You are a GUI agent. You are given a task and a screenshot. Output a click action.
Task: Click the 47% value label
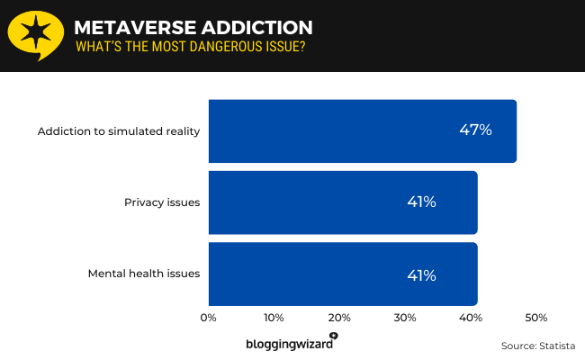(475, 130)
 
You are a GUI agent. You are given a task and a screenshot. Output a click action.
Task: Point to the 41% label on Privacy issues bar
(421, 202)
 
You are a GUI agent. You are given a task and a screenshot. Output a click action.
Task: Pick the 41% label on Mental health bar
(421, 274)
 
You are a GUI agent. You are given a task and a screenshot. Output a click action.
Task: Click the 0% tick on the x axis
(209, 318)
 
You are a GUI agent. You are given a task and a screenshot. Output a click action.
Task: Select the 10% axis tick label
(274, 318)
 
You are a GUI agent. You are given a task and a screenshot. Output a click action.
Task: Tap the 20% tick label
(339, 318)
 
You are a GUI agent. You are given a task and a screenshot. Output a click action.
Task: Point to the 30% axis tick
(405, 318)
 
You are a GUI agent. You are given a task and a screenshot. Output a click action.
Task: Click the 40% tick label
(471, 318)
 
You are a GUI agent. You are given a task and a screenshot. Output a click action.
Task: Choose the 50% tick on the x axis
(535, 318)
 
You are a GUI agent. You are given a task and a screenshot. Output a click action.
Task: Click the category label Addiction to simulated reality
(118, 131)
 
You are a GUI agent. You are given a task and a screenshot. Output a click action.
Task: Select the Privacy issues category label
(161, 202)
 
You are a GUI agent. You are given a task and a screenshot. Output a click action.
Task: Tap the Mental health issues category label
(143, 274)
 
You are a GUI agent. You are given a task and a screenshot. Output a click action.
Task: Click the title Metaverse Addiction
(193, 27)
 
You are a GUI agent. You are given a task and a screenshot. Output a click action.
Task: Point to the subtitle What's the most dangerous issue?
(190, 46)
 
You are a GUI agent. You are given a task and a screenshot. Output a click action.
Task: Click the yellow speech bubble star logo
(35, 35)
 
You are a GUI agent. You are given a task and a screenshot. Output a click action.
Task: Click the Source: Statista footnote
(537, 346)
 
